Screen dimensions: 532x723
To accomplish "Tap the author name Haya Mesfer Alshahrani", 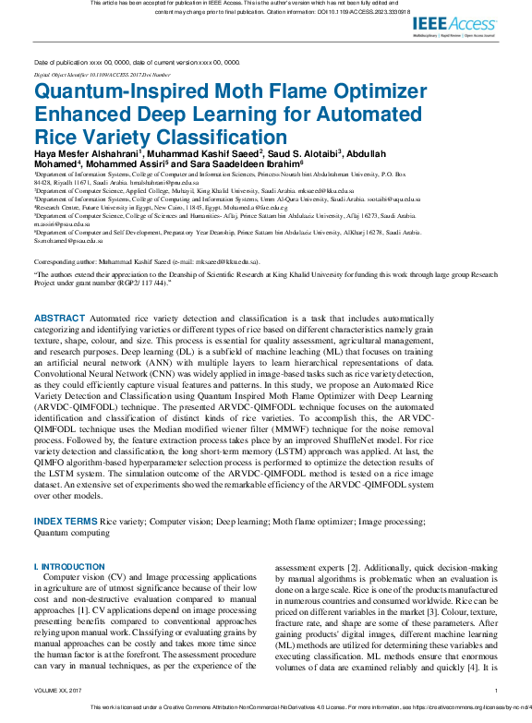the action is (x=86, y=154).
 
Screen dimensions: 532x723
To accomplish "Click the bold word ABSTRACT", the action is (x=59, y=317).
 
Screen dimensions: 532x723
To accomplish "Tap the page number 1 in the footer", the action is (x=496, y=690).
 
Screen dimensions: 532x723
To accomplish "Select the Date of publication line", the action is (x=137, y=61).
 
